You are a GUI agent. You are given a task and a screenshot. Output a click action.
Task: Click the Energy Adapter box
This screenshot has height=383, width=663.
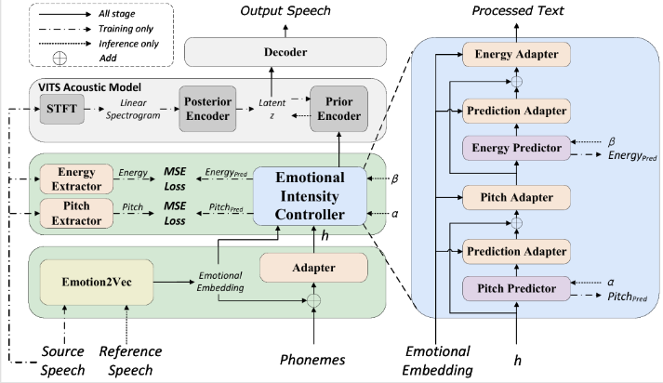(515, 55)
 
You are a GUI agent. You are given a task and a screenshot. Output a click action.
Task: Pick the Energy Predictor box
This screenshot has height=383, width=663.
(515, 147)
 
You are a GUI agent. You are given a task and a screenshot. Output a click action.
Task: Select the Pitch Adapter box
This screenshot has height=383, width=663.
(515, 197)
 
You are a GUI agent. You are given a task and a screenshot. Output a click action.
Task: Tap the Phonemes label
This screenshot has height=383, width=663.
(314, 358)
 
